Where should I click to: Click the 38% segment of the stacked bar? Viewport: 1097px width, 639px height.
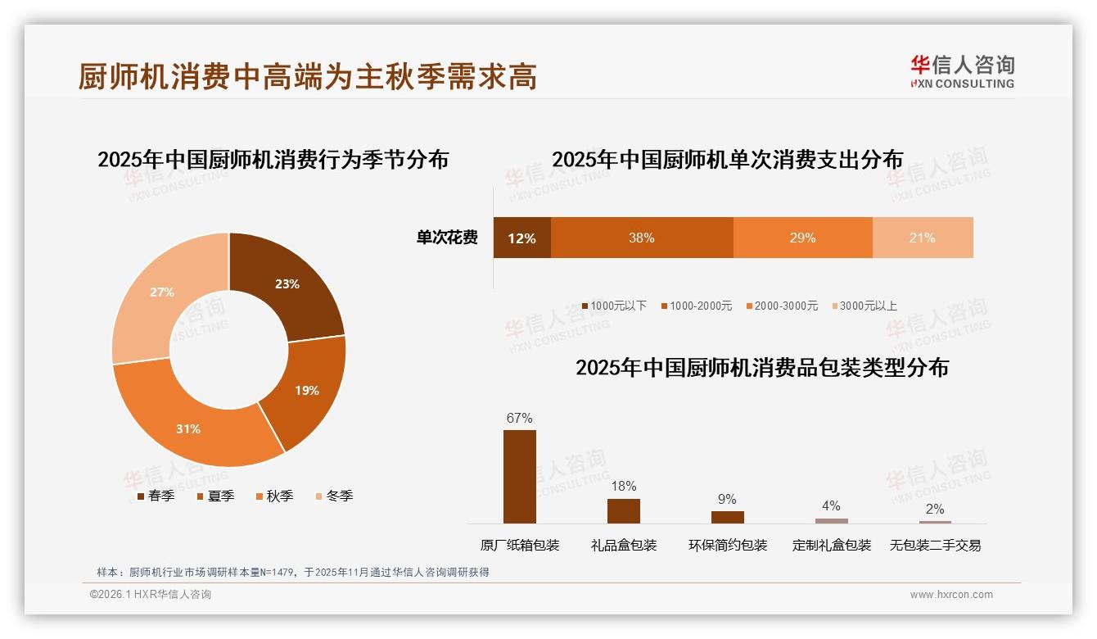click(x=642, y=238)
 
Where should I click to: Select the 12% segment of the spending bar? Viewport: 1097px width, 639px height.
click(x=521, y=238)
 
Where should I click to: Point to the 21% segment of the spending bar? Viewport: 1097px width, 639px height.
click(x=923, y=238)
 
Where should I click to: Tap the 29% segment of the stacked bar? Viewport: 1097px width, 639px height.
click(x=802, y=238)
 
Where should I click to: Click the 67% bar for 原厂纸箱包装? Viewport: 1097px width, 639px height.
click(x=520, y=476)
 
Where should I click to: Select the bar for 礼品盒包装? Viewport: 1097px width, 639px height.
click(x=624, y=511)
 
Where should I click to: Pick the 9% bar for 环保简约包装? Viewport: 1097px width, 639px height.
click(x=727, y=517)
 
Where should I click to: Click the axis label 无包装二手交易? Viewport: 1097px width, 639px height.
click(x=935, y=545)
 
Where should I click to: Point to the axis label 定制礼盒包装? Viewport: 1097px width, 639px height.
click(x=831, y=545)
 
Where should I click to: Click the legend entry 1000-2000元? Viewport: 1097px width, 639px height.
click(x=697, y=306)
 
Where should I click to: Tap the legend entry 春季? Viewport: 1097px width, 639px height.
click(x=156, y=496)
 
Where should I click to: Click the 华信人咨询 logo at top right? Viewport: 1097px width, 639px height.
click(x=962, y=71)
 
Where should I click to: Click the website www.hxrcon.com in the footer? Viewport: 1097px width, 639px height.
click(x=951, y=595)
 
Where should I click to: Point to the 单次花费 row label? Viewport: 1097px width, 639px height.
click(x=447, y=238)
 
